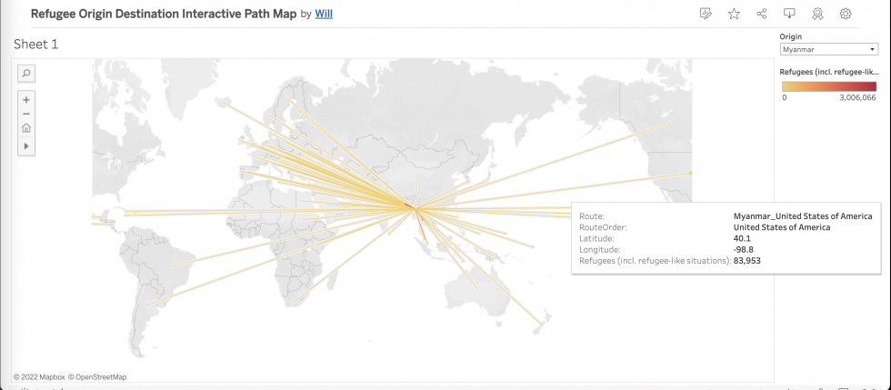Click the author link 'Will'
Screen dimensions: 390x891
point(323,15)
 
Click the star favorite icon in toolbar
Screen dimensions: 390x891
point(734,14)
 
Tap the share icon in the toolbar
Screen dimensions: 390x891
point(762,14)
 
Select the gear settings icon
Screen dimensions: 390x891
point(846,14)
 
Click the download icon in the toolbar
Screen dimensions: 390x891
point(789,14)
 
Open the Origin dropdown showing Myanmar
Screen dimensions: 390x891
point(827,49)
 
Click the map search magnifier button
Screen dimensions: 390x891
point(26,73)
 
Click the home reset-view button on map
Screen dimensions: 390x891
point(26,128)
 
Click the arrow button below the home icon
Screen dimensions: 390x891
point(26,145)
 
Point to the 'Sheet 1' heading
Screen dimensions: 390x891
point(36,44)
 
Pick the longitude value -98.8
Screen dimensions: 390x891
point(744,249)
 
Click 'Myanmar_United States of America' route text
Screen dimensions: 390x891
point(803,216)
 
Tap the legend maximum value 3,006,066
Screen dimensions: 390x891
point(857,96)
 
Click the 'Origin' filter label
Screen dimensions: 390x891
point(791,36)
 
